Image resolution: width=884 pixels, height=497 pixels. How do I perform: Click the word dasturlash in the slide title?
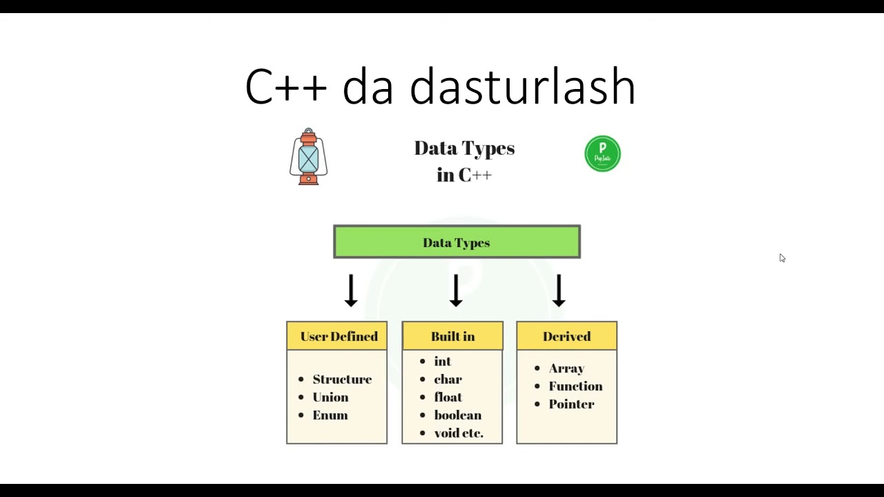coord(522,87)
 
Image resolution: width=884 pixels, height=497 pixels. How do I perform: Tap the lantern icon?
coord(309,157)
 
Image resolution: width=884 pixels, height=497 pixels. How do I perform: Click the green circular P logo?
coord(602,153)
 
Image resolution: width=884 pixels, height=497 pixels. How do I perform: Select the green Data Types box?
coord(457,242)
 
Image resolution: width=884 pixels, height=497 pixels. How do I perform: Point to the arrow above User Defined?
coord(351,290)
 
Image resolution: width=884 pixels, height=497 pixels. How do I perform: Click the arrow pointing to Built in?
coord(455,290)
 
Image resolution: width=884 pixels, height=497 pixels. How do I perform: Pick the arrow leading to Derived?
coord(559,290)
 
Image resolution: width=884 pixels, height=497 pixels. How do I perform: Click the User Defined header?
coord(338,336)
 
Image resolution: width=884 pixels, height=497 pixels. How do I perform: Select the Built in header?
coord(452,336)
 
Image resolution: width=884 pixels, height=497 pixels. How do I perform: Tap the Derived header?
coord(566,336)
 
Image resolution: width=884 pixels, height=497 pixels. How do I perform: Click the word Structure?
coord(342,379)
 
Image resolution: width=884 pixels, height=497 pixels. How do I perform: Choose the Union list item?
coord(330,397)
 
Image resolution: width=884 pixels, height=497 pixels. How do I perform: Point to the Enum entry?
coord(330,415)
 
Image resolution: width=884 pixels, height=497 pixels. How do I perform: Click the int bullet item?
coord(442,361)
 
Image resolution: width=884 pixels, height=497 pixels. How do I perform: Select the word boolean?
coord(457,415)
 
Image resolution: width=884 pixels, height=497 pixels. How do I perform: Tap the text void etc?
coord(459,433)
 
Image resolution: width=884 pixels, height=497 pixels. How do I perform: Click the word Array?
coord(566,369)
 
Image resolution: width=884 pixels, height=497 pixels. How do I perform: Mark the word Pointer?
coord(571,404)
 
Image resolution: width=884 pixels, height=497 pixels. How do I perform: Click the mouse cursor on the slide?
coord(782,258)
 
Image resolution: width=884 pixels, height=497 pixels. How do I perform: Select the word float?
coord(448,397)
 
